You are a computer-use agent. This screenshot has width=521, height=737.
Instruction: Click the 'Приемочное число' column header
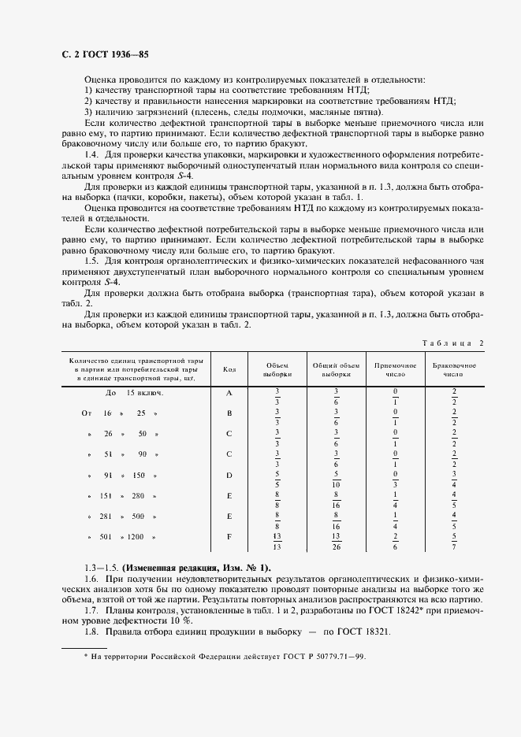coord(395,370)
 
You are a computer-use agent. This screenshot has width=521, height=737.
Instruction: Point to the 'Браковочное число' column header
coord(454,370)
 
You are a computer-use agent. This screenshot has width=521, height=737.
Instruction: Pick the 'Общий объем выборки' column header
coord(336,370)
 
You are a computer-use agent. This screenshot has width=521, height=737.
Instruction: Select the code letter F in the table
coord(229,537)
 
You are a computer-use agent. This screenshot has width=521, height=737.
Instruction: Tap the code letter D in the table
coord(229,475)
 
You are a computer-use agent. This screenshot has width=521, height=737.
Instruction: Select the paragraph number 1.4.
coord(91,154)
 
